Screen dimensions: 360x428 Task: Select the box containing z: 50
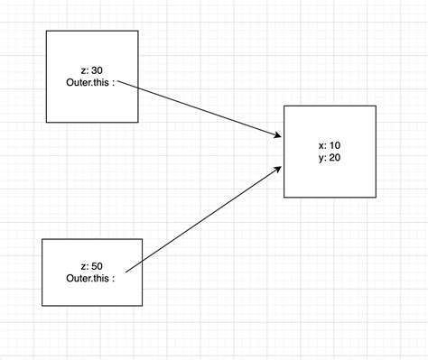click(x=92, y=289)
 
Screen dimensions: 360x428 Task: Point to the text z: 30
click(x=92, y=70)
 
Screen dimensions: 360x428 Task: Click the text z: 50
click(x=91, y=266)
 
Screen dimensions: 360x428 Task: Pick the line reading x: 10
click(x=330, y=144)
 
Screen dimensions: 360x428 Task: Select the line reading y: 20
click(x=330, y=157)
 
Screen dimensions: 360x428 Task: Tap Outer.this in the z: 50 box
click(x=88, y=278)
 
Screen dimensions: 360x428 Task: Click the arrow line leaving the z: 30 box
click(x=199, y=110)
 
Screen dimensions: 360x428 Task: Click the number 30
click(x=98, y=70)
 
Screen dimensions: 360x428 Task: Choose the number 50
click(x=97, y=266)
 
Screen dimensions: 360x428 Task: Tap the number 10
click(x=335, y=144)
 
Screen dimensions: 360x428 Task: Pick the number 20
click(x=335, y=157)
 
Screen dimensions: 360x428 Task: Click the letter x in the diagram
click(x=321, y=144)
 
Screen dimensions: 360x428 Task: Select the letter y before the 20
click(x=321, y=158)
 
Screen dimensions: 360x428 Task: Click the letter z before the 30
click(x=83, y=70)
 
